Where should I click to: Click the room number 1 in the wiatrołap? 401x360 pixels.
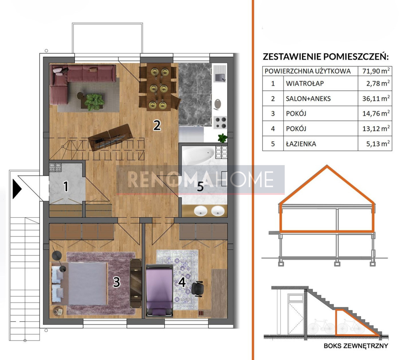pyautogui.click(x=65, y=187)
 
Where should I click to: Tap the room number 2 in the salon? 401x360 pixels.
pyautogui.click(x=157, y=125)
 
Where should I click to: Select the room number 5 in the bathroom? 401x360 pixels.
pyautogui.click(x=200, y=187)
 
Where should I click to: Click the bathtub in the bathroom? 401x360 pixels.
pyautogui.click(x=198, y=155)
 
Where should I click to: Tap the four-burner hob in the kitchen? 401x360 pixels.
pyautogui.click(x=221, y=122)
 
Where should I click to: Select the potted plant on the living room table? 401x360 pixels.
pyautogui.click(x=94, y=102)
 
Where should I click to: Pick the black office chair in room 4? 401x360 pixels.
pyautogui.click(x=197, y=289)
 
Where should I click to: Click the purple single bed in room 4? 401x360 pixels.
pyautogui.click(x=159, y=290)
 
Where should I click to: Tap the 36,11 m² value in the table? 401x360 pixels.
pyautogui.click(x=376, y=98)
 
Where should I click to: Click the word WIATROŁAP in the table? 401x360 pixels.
pyautogui.click(x=305, y=83)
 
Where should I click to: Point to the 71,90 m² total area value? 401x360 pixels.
pyautogui.click(x=376, y=71)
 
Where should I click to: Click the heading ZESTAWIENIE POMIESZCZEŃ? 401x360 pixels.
pyautogui.click(x=325, y=56)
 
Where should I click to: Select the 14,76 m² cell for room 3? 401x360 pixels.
pyautogui.click(x=376, y=113)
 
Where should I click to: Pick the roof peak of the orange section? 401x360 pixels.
pyautogui.click(x=327, y=166)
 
